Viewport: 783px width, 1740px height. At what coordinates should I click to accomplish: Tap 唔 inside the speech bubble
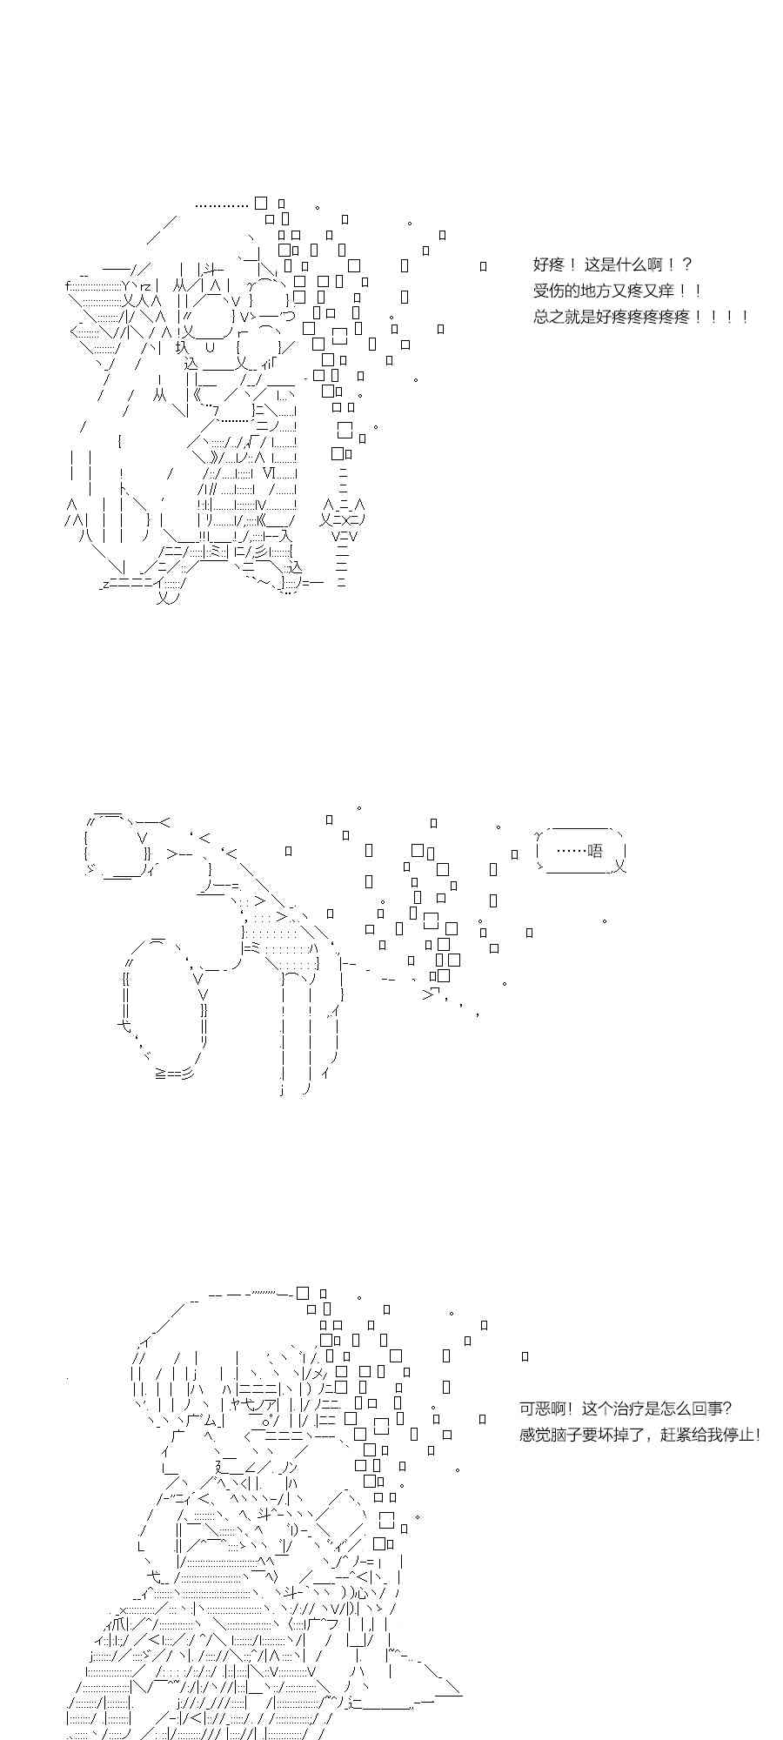click(595, 851)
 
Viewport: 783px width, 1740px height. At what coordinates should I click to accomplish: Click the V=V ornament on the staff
click(345, 537)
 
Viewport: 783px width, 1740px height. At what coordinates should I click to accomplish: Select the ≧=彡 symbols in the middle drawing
click(174, 1074)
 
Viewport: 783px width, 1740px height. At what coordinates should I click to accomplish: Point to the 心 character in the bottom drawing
click(362, 1593)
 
